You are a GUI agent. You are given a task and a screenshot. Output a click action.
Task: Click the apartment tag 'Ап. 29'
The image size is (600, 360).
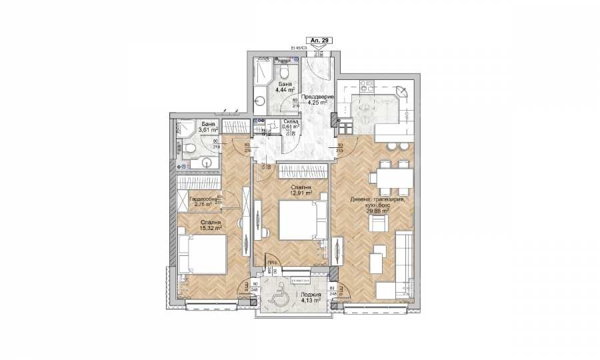click(318, 41)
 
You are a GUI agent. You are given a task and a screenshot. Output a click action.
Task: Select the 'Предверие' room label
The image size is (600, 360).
click(313, 97)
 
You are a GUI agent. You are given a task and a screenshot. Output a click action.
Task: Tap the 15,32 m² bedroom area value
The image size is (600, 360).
click(209, 227)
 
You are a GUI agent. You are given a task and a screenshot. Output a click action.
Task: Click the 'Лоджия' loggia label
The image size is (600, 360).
click(311, 294)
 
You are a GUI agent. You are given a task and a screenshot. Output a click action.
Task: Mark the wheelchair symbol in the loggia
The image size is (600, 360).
click(278, 295)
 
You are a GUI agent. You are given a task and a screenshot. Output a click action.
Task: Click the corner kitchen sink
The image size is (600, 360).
click(401, 91)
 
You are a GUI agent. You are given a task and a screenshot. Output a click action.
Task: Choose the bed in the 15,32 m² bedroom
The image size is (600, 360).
click(203, 254)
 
